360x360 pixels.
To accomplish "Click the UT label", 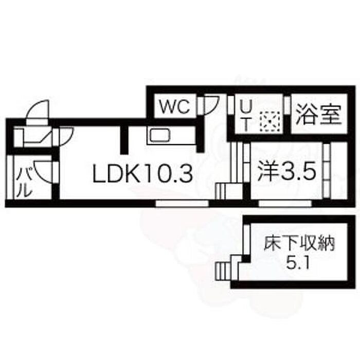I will tap(246, 116).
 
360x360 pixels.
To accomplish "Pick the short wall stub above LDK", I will tap(124, 139).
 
